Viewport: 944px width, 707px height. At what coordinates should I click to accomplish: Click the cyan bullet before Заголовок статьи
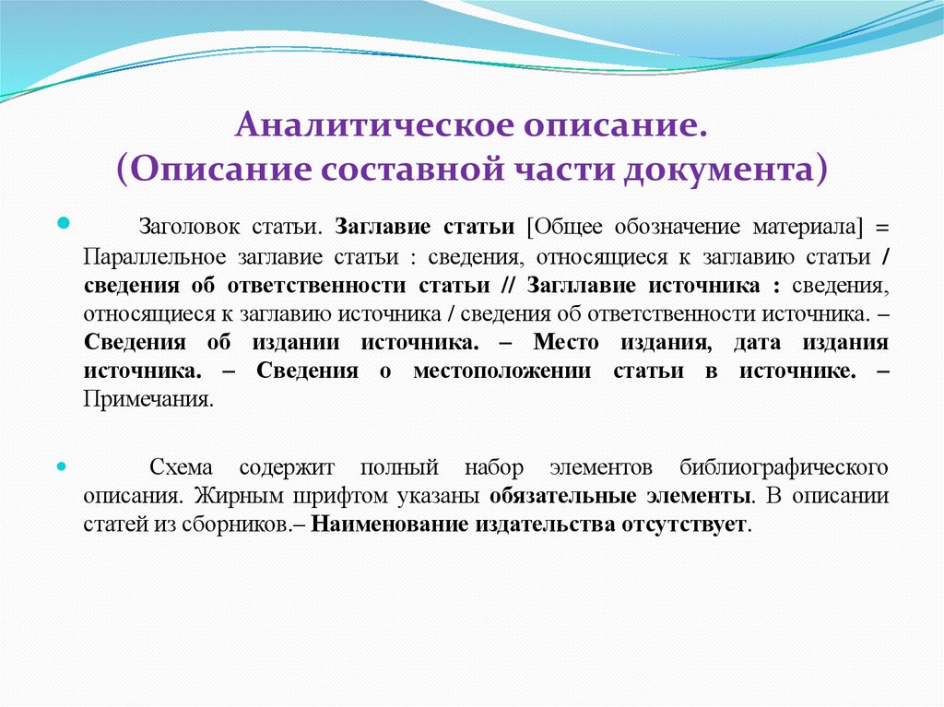tap(64, 224)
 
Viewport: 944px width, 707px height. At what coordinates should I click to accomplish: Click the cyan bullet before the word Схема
tap(64, 466)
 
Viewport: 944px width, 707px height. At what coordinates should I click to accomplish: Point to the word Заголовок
tap(184, 227)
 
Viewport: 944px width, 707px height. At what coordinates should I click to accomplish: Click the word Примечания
tap(148, 400)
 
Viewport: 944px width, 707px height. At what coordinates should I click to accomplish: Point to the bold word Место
tap(566, 343)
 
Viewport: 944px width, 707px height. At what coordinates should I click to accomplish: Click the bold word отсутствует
tap(693, 525)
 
